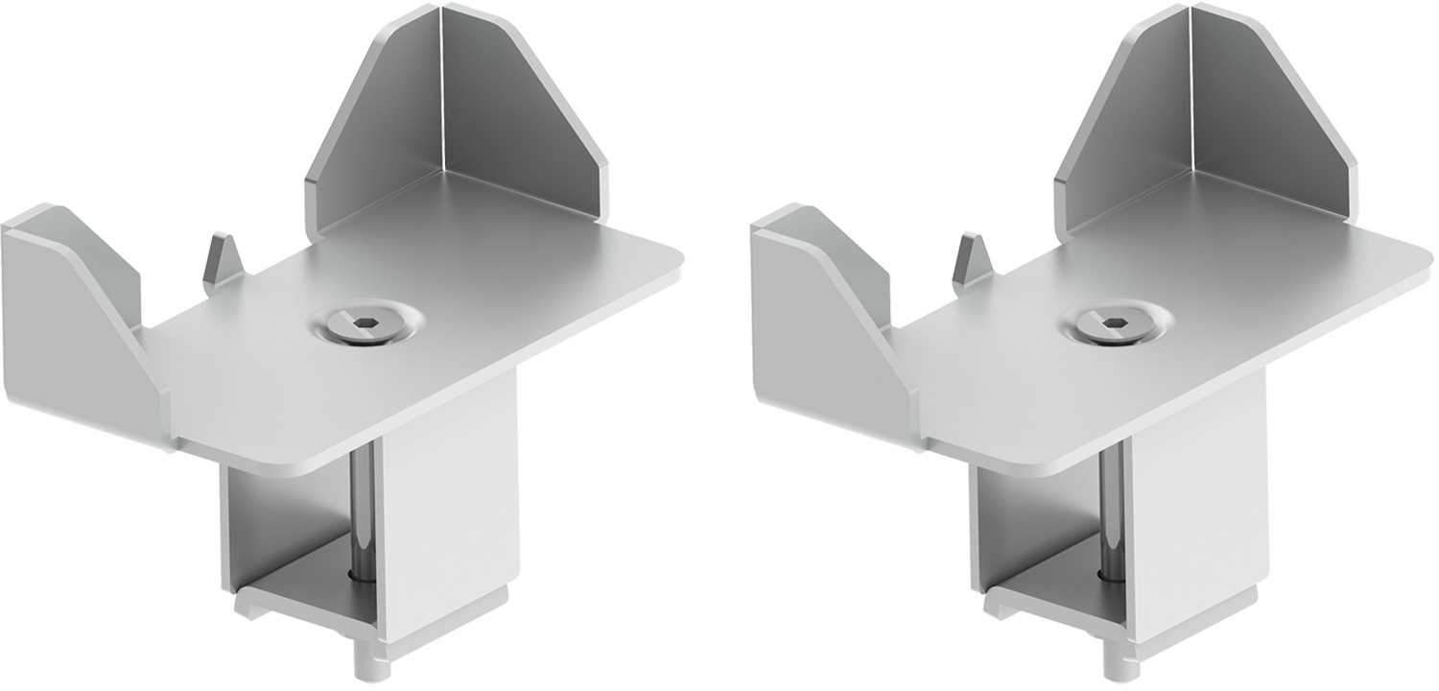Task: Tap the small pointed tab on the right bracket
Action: point(971,257)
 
